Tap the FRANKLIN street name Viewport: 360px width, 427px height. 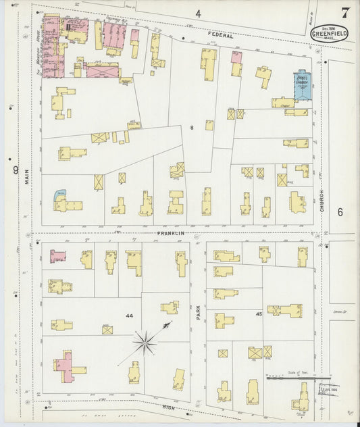point(171,232)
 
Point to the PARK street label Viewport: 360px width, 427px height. point(199,311)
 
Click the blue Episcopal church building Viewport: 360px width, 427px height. point(301,86)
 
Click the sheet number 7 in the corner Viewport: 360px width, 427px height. point(344,13)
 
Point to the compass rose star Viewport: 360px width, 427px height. point(144,343)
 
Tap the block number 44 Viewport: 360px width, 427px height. point(129,316)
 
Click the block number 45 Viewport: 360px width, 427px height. point(259,314)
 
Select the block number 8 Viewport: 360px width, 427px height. point(192,127)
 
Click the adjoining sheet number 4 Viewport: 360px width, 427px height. point(198,14)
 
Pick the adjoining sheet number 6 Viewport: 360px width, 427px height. point(340,212)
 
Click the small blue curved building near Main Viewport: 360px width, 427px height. point(60,195)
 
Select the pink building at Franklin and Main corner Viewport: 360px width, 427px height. point(58,257)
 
